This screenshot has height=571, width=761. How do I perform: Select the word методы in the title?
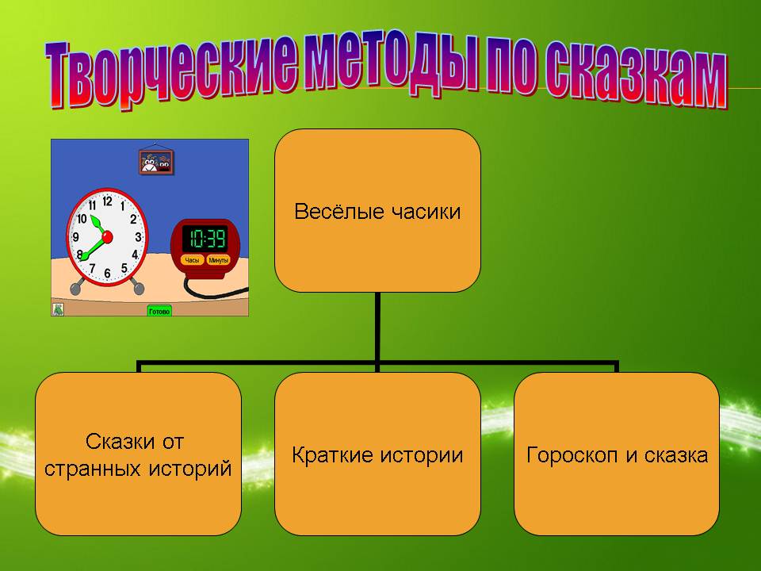391,63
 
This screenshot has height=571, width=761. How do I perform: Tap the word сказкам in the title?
635,73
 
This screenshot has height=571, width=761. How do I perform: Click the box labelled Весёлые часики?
377,211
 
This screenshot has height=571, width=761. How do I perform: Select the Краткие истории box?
377,454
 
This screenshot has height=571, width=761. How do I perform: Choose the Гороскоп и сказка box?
617,454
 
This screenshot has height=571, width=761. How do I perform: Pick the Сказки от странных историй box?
138,454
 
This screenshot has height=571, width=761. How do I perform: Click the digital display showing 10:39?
206,239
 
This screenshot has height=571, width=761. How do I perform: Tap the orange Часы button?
192,260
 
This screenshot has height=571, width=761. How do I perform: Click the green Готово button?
159,311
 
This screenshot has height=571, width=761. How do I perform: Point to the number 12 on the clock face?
107,201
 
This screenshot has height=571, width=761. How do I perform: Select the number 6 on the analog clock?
107,274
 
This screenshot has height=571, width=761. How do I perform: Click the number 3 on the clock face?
138,237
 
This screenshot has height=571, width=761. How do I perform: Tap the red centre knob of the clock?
107,237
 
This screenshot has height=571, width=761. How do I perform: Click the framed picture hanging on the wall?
156,162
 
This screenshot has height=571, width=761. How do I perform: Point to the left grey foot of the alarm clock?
77,287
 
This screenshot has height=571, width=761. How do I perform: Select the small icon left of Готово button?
58,309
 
